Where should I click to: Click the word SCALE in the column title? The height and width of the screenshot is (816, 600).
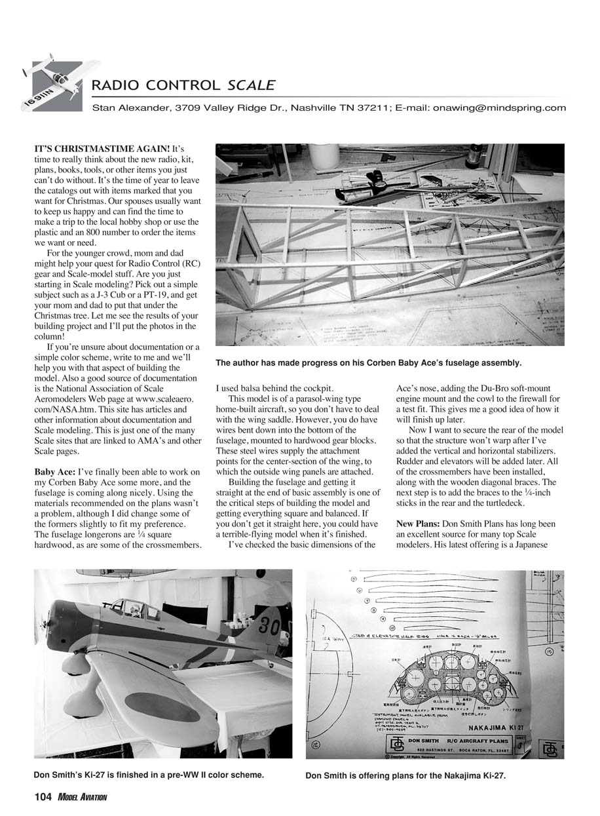tap(251, 85)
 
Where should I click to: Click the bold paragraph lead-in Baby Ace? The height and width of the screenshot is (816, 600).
tap(54, 472)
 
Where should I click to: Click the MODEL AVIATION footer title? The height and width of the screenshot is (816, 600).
tap(82, 797)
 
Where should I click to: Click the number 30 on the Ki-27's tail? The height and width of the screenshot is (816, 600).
tap(267, 625)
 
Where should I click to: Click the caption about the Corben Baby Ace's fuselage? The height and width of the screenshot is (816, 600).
tap(368, 362)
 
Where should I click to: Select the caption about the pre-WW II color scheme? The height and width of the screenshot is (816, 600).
tap(149, 775)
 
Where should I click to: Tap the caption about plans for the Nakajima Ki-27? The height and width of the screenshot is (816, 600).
tap(405, 776)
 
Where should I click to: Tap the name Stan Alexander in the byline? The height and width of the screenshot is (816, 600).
tap(128, 108)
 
